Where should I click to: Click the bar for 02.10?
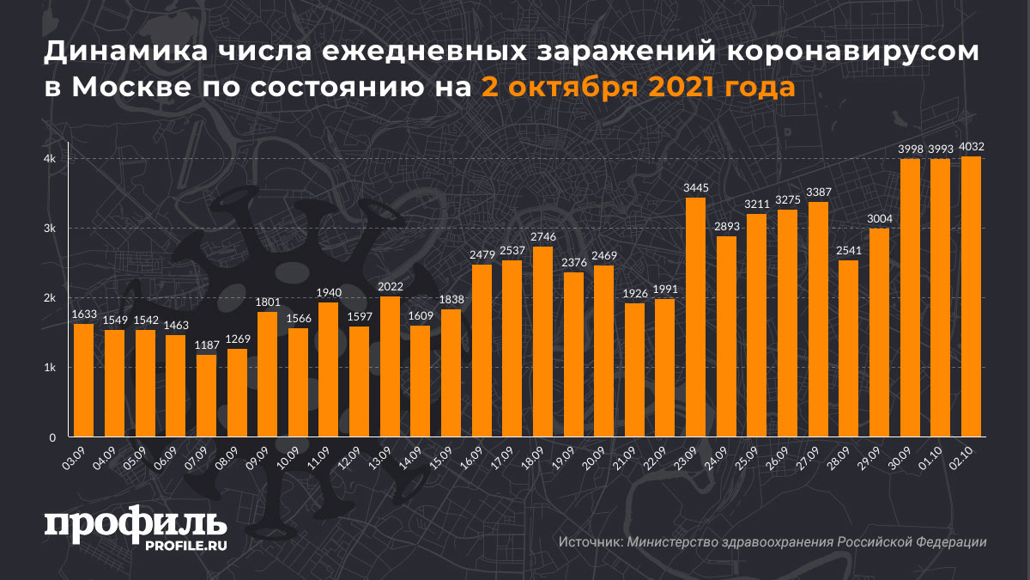tap(971, 296)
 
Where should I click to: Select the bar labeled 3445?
tap(695, 317)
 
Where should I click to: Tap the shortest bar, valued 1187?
tap(206, 395)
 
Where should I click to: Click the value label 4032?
tap(971, 147)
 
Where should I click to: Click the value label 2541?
tap(848, 252)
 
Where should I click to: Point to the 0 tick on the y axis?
tap(52, 437)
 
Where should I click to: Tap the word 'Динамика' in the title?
tap(119, 54)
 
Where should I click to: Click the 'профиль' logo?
tap(136, 523)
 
